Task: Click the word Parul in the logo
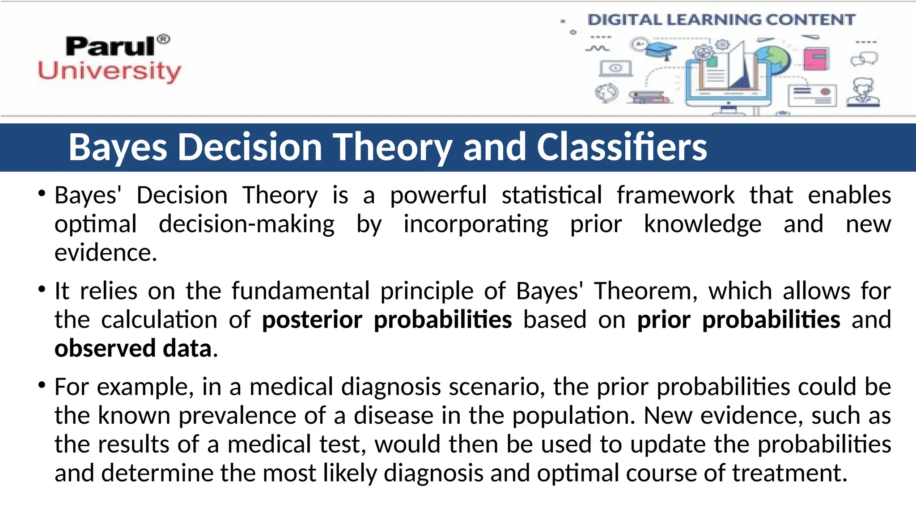[x=110, y=46]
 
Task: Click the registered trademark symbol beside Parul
[x=164, y=39]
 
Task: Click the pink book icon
[x=816, y=59]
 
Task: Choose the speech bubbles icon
[x=864, y=59]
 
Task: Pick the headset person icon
[x=863, y=93]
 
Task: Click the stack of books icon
[x=649, y=97]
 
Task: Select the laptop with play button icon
[x=615, y=68]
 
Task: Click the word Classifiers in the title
[x=622, y=147]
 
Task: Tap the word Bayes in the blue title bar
[x=118, y=147]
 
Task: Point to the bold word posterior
[x=312, y=320]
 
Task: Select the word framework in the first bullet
[x=675, y=195]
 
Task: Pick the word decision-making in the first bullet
[x=246, y=224]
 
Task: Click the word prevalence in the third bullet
[x=237, y=415]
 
